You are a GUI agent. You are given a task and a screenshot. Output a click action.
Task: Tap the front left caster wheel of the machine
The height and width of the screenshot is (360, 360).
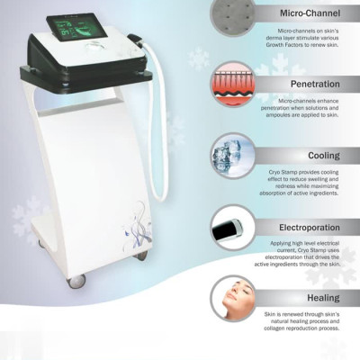[x=76, y=281]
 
